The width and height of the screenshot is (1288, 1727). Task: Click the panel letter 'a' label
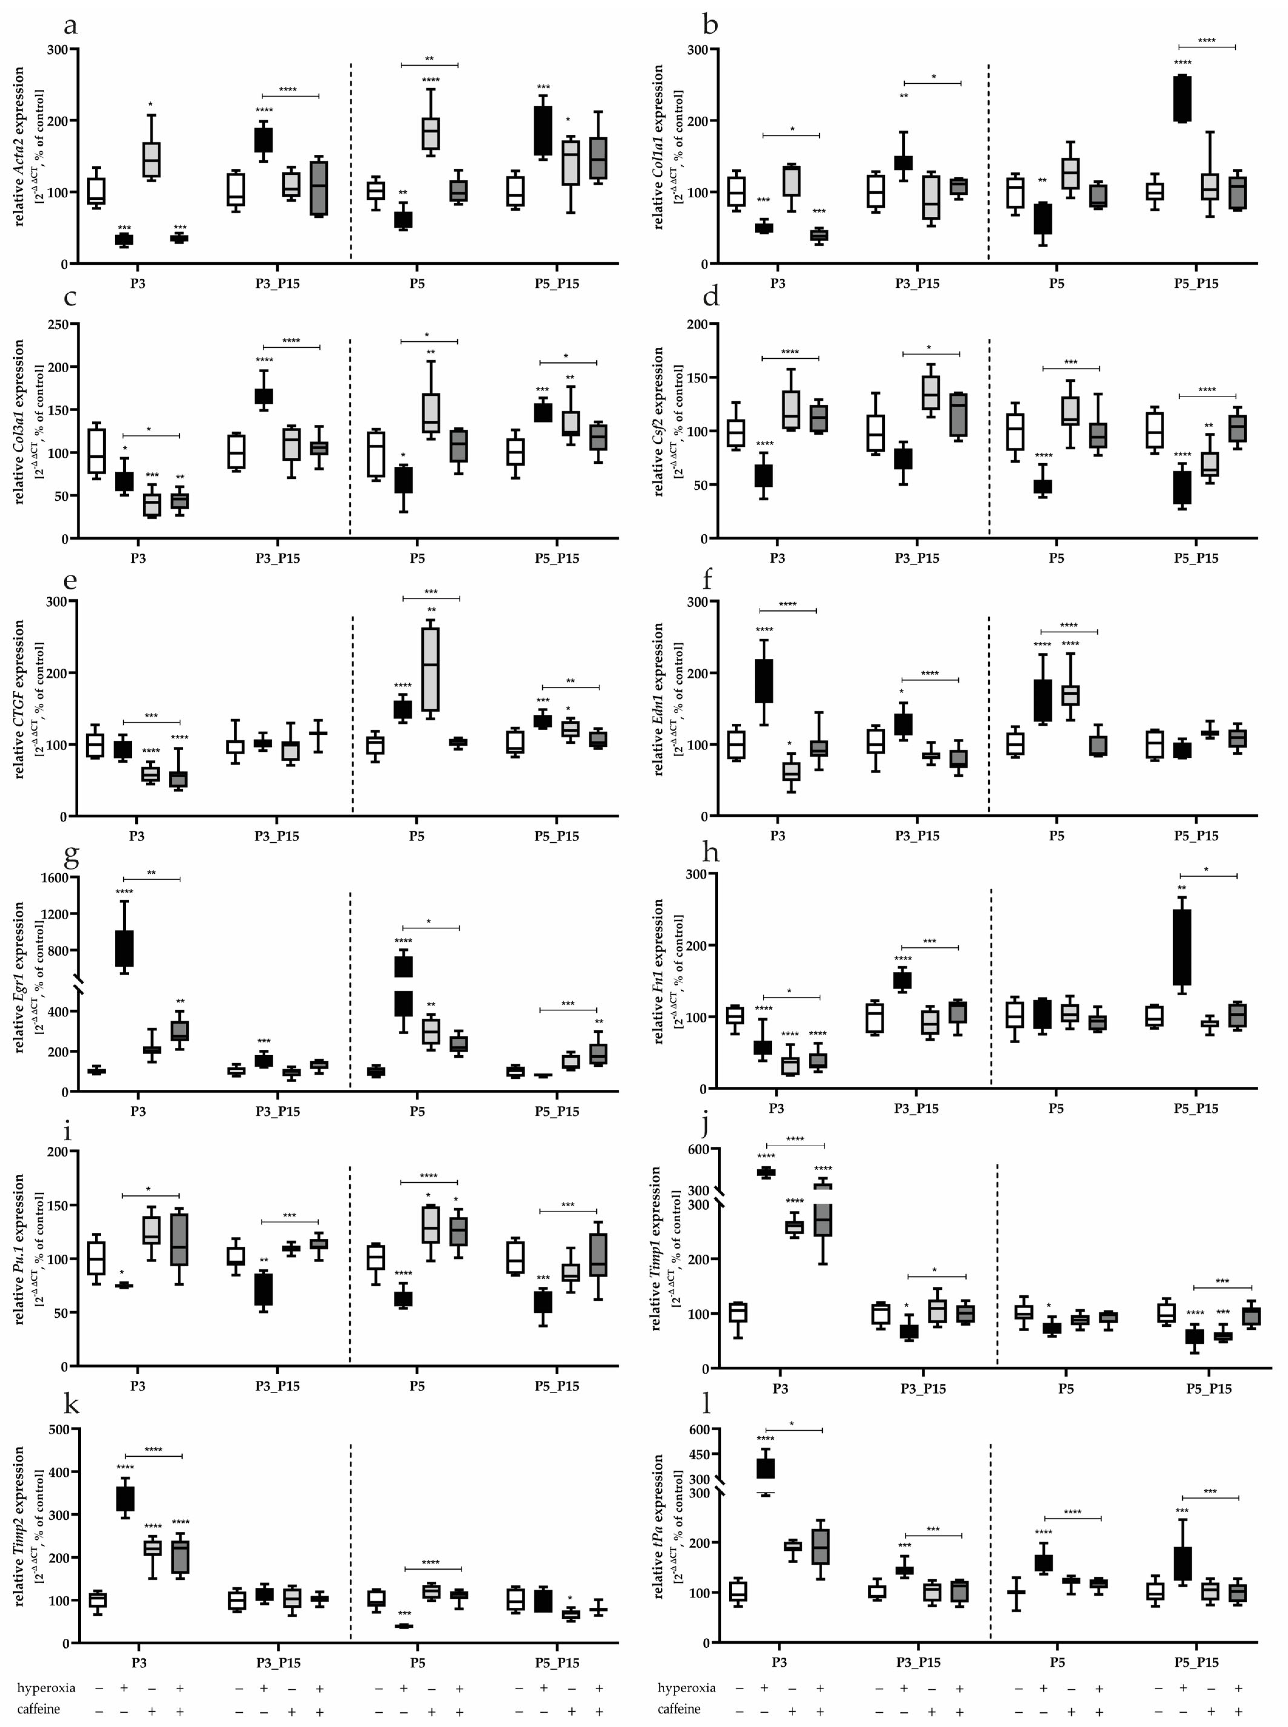[x=70, y=26]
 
